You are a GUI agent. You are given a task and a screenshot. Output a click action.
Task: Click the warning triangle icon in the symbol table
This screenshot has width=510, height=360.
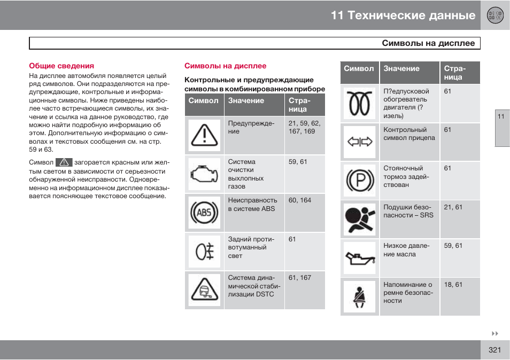(204, 135)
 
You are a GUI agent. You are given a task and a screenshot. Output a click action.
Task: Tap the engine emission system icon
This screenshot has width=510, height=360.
(204, 174)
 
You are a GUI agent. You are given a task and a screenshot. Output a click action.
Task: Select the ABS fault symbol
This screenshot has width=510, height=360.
(204, 213)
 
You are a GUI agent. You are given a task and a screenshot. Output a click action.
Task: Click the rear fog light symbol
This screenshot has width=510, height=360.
(204, 251)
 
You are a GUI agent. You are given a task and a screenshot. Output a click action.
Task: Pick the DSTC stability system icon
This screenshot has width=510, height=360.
(204, 290)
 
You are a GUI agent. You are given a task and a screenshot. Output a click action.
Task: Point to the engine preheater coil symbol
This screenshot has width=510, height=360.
(359, 103)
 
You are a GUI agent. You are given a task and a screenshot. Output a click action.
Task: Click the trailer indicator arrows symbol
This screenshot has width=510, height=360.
(359, 142)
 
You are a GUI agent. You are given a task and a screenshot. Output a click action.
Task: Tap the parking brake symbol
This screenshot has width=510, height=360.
(359, 181)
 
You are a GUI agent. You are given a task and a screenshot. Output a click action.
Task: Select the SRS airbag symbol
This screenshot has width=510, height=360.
(359, 220)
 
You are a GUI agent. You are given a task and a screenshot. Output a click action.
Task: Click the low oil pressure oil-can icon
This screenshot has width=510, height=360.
(359, 258)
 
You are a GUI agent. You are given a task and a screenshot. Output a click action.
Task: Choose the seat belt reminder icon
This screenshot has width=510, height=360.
(359, 296)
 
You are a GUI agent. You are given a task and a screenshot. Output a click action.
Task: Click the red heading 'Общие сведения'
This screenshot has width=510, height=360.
(61, 66)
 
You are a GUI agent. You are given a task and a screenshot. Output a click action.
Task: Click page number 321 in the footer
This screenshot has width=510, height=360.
(494, 350)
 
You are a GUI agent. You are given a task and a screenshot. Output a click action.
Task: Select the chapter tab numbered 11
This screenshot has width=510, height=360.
(501, 116)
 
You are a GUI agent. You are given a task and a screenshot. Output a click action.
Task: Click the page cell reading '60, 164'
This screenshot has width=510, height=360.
(299, 200)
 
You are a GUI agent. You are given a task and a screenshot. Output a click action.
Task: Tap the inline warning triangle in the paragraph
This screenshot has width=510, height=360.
(65, 162)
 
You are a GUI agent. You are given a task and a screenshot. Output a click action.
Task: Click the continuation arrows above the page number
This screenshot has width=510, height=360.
(495, 333)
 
